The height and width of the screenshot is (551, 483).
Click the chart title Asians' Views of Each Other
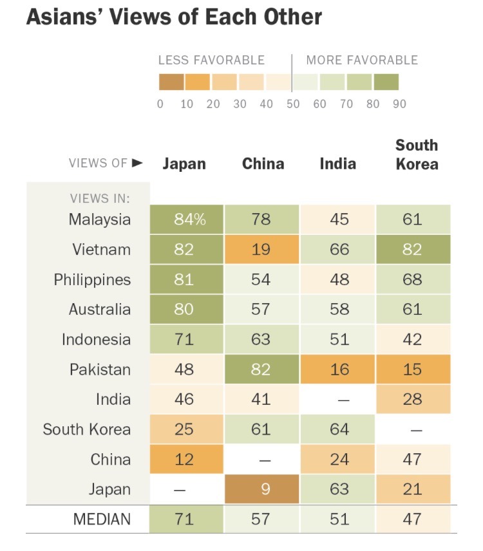tap(174, 17)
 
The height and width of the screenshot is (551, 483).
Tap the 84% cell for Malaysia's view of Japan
tap(187, 219)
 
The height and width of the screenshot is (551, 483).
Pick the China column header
tap(263, 163)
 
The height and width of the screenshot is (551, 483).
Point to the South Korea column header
tap(416, 154)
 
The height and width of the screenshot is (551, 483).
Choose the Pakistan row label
tap(100, 370)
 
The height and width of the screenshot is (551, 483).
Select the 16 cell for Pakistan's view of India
tap(339, 370)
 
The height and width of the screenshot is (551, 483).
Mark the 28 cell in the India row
tap(413, 400)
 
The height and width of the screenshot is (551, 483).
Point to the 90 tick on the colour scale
tap(399, 104)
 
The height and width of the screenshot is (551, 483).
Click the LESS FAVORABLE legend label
tap(211, 61)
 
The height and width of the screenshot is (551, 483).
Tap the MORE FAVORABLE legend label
tap(362, 61)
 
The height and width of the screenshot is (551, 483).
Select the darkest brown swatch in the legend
tap(171, 82)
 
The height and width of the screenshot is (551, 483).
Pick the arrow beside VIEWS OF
tap(137, 163)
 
